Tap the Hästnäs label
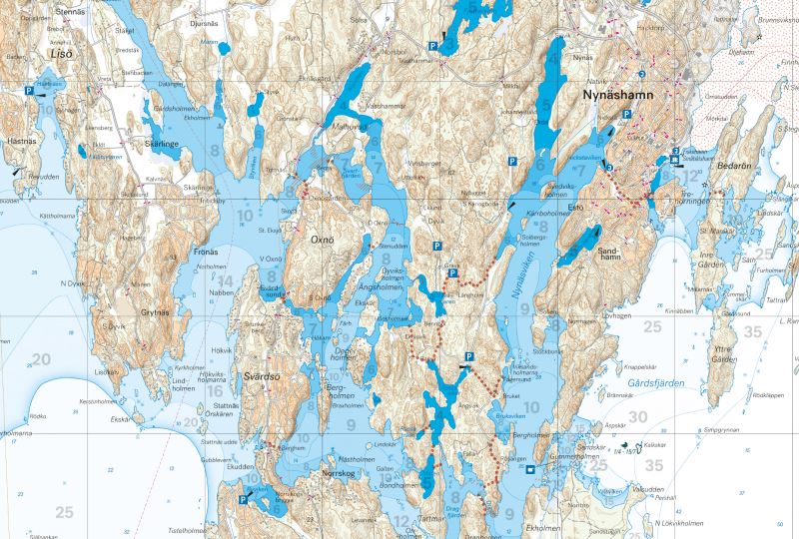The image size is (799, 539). click(21, 143)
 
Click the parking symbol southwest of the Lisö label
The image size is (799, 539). click(31, 90)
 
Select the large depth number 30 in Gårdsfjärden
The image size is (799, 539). click(637, 416)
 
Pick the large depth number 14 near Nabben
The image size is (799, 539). click(226, 281)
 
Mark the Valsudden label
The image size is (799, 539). click(647, 489)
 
